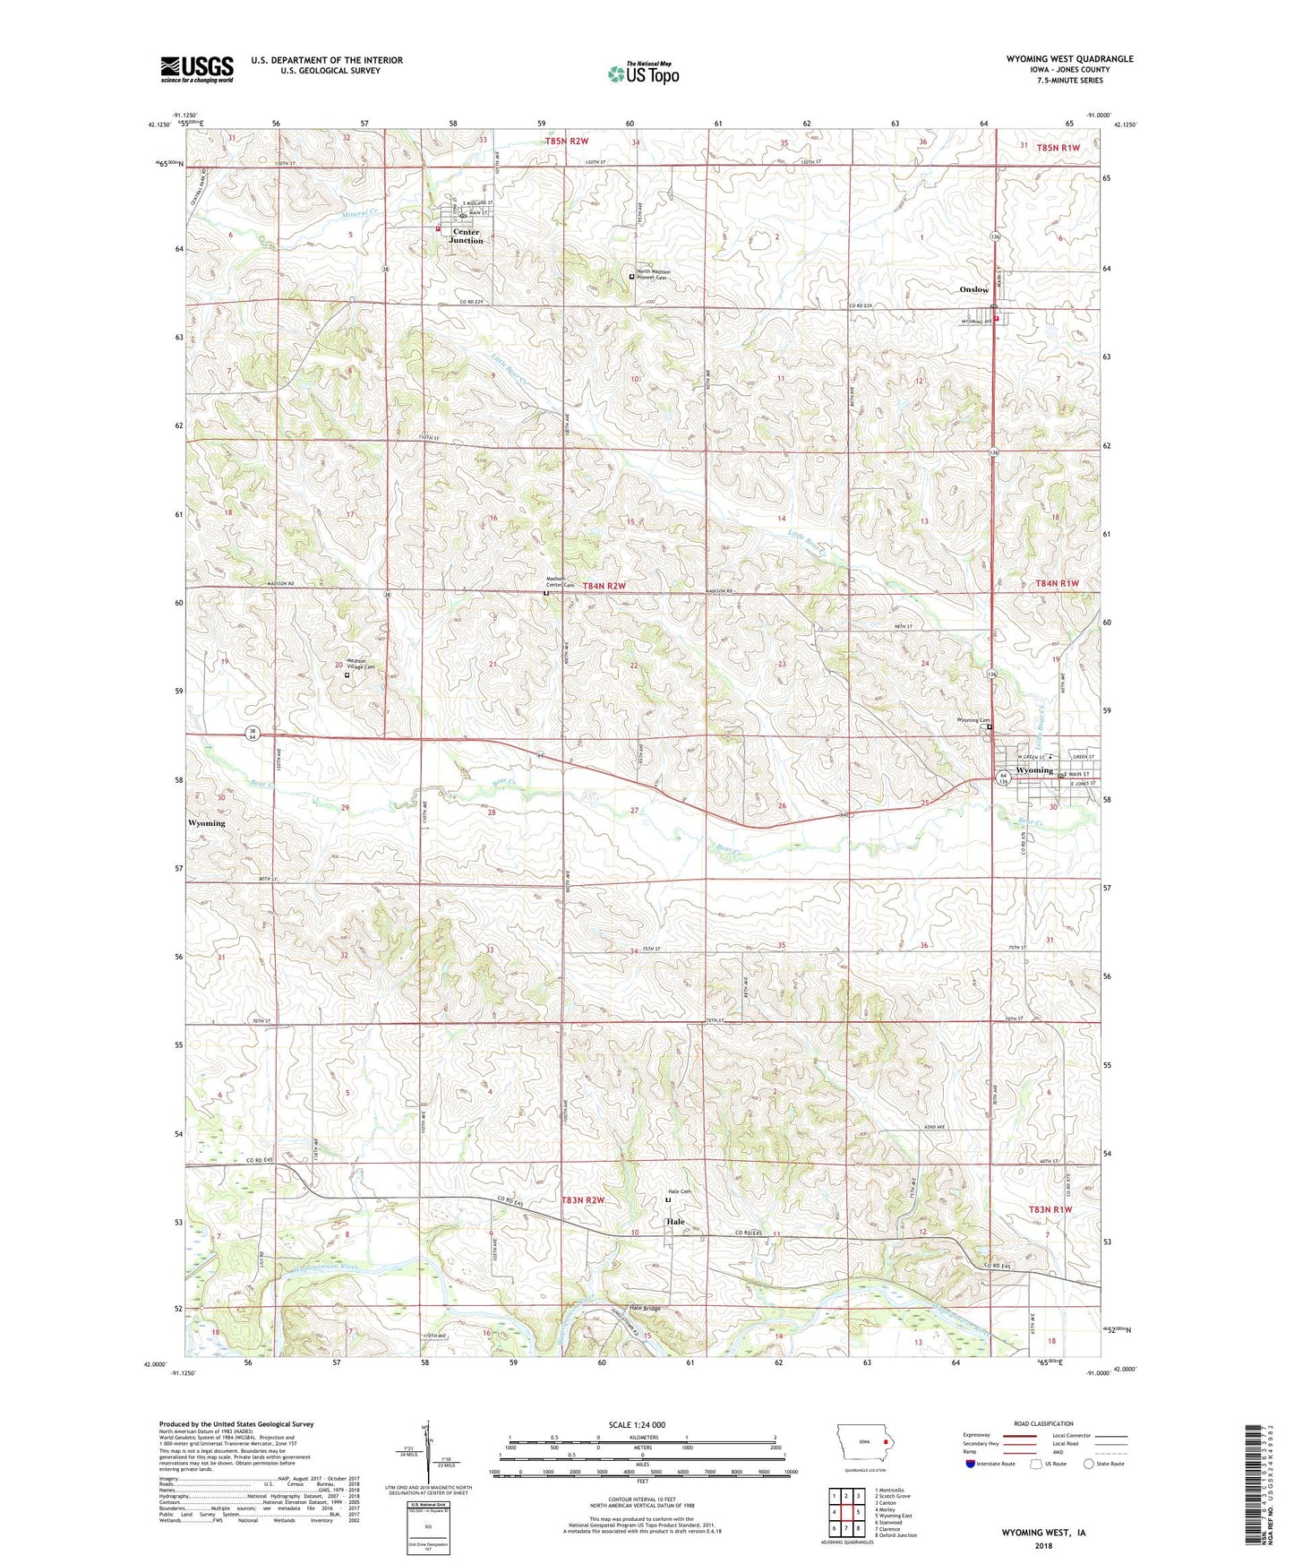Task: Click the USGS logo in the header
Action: (196, 69)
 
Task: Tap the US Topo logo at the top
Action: (643, 73)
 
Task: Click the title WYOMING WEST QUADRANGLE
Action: (1069, 59)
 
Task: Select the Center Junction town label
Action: (466, 236)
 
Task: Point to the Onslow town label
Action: (974, 289)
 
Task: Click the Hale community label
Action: (674, 1221)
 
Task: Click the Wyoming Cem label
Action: (973, 720)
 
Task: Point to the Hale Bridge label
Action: (645, 1309)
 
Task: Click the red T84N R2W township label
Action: (604, 586)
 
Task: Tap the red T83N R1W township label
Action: (1050, 1209)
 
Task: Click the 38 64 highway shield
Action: (253, 734)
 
